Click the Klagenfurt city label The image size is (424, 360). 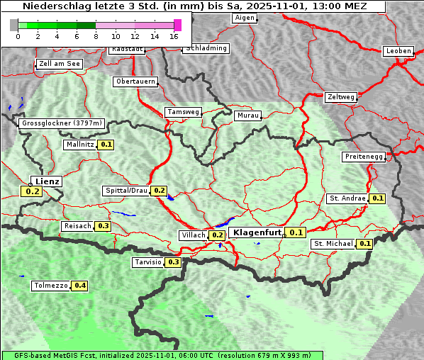click(x=257, y=232)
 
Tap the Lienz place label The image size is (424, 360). click(x=48, y=181)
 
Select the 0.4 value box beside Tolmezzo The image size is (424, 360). click(x=81, y=286)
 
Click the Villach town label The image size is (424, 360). click(x=193, y=235)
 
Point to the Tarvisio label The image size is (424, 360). click(x=147, y=262)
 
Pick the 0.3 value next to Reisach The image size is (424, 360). click(x=104, y=226)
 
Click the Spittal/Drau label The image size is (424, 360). click(x=125, y=191)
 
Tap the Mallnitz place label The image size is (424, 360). click(x=79, y=145)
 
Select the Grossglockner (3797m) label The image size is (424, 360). click(x=62, y=123)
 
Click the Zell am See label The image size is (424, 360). click(x=60, y=64)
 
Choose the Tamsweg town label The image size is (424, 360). click(x=183, y=112)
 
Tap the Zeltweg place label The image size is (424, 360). click(x=341, y=96)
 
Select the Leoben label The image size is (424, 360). click(x=397, y=51)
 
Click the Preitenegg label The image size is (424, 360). click(x=364, y=157)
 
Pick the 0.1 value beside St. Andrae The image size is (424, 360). click(x=378, y=198)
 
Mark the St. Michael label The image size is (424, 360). click(x=333, y=244)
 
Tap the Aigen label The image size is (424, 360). click(x=244, y=17)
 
